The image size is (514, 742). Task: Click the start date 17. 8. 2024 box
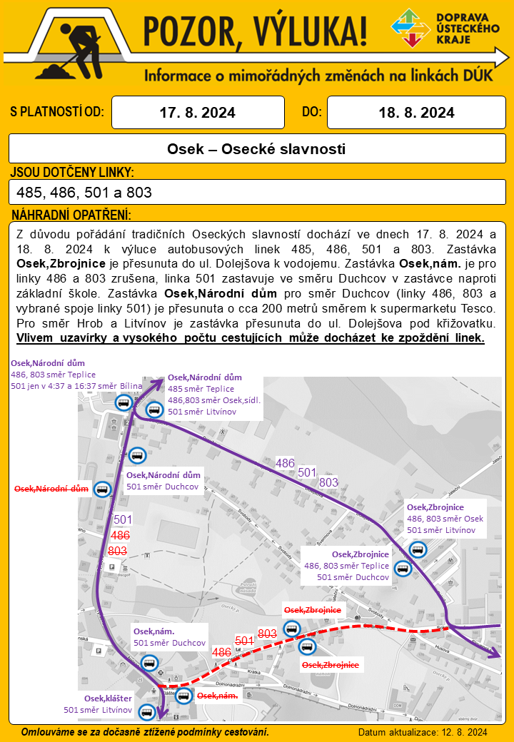pos(198,113)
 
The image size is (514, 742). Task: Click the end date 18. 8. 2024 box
pos(416,113)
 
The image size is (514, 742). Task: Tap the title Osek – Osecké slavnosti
pos(256,149)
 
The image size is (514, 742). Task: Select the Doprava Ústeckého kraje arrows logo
pos(411,28)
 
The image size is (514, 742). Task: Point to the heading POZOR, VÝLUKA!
pos(256,29)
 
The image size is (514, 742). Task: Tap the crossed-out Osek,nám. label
pos(217,696)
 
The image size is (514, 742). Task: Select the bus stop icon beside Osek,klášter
pos(148,711)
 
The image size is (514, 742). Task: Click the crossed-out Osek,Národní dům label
pos(51,489)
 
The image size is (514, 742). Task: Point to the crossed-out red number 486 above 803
pos(120,534)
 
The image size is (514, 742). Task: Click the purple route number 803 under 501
pos(328,482)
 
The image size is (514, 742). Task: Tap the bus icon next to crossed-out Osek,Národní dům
pos(103,489)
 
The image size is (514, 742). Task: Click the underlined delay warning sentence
pos(251,337)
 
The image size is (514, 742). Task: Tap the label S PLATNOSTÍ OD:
pos(57,112)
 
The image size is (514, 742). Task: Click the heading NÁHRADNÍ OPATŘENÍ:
pos(71,215)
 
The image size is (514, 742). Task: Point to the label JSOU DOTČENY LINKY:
pos(72,173)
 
